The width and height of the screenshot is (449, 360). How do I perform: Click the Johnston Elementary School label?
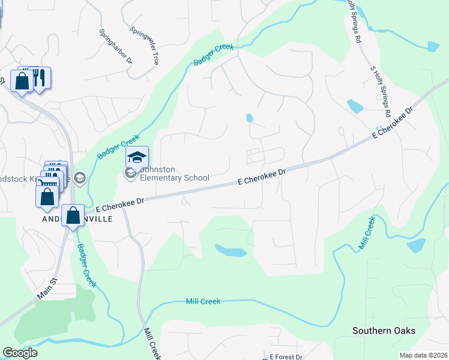pyautogui.click(x=174, y=173)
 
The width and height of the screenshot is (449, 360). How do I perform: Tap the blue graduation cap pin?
pyautogui.click(x=137, y=158)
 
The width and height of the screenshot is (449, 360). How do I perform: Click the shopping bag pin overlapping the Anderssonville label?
pyautogui.click(x=73, y=216)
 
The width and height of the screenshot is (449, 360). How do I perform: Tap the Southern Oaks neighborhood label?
pyautogui.click(x=384, y=331)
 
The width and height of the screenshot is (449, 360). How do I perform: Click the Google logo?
pyautogui.click(x=20, y=353)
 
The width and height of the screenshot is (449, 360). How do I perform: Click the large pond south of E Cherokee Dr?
pyautogui.click(x=231, y=250)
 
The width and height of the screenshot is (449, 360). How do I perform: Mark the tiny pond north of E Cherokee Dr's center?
pyautogui.click(x=249, y=118)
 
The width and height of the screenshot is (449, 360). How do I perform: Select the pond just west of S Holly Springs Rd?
pyautogui.click(x=355, y=106)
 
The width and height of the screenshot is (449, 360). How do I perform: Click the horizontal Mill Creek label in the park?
pyautogui.click(x=203, y=301)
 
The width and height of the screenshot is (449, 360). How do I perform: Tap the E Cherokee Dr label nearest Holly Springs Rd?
pyautogui.click(x=393, y=124)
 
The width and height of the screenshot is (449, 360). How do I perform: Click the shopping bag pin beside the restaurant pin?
pyautogui.click(x=22, y=81)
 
